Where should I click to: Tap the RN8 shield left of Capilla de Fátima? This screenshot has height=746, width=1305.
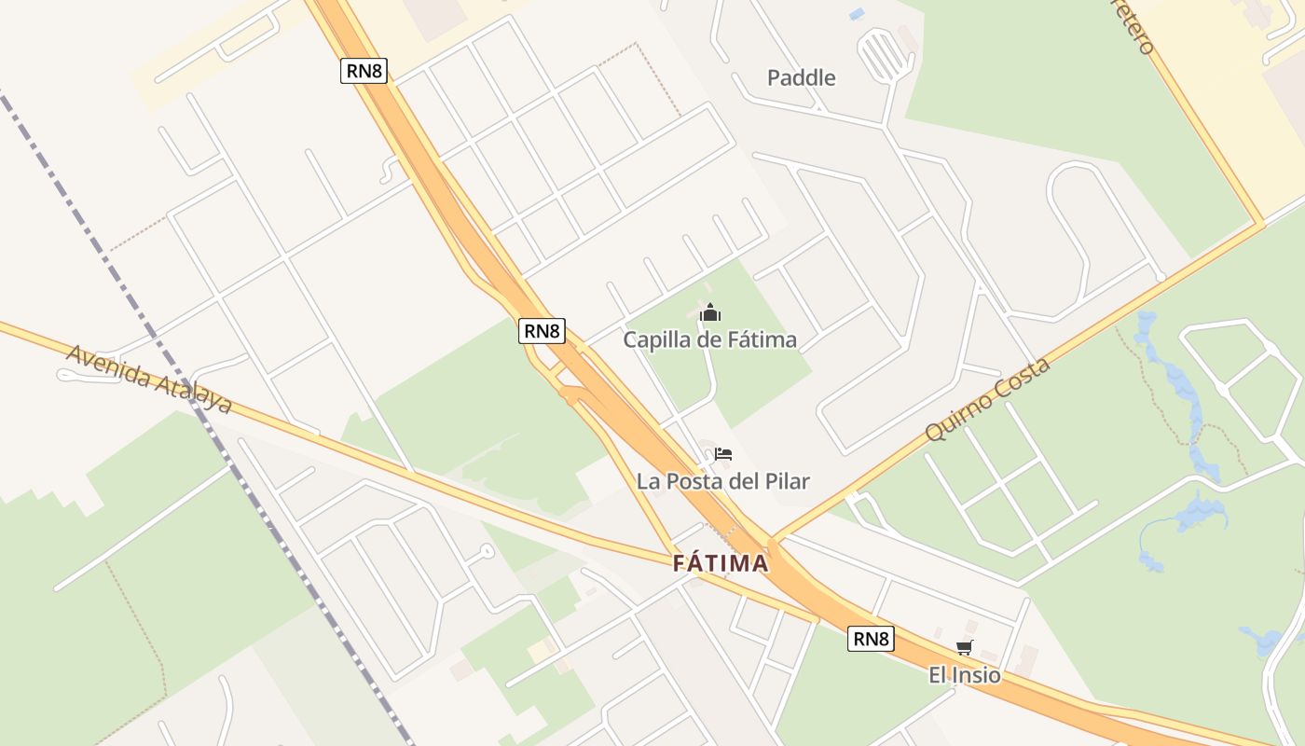tap(542, 330)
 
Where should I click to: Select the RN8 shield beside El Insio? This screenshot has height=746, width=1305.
tap(871, 639)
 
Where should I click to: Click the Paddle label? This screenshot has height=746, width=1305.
tap(801, 77)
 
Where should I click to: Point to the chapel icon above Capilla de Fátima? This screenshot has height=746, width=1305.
tap(710, 312)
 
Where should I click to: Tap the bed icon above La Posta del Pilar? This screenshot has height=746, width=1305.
tap(723, 454)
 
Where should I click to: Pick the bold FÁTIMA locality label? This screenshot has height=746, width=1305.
tap(721, 563)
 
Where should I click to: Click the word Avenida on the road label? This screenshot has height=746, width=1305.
tap(108, 367)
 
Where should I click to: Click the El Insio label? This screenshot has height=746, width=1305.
tap(964, 675)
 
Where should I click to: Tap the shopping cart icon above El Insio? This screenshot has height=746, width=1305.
tap(964, 648)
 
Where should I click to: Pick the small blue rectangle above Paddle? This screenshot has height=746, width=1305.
tap(856, 14)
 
